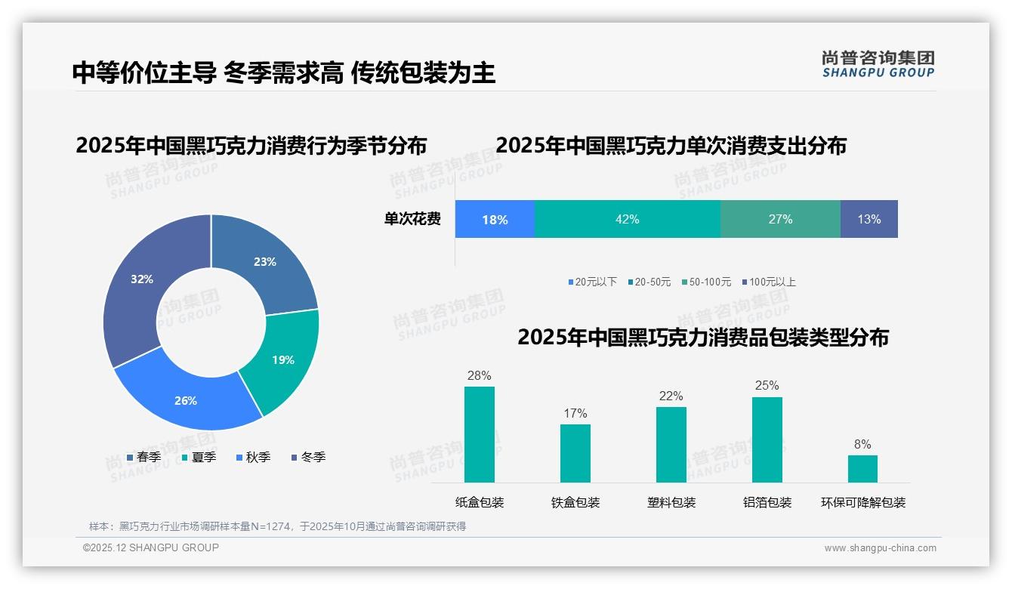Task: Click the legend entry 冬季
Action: tap(308, 458)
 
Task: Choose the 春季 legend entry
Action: tap(143, 458)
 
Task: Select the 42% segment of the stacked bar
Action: tap(627, 220)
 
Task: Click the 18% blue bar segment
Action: tap(495, 220)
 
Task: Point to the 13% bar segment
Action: tap(869, 220)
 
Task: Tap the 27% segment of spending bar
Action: tap(780, 220)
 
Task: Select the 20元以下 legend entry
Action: tap(593, 282)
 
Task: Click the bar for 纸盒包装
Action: tap(480, 434)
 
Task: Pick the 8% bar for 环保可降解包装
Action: tap(862, 468)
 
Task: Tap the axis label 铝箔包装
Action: tap(767, 503)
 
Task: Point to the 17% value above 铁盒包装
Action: tap(575, 414)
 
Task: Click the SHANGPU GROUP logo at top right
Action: tap(878, 64)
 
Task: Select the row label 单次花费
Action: tap(412, 220)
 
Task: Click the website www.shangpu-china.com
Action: tap(880, 548)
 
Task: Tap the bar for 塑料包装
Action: tap(671, 444)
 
